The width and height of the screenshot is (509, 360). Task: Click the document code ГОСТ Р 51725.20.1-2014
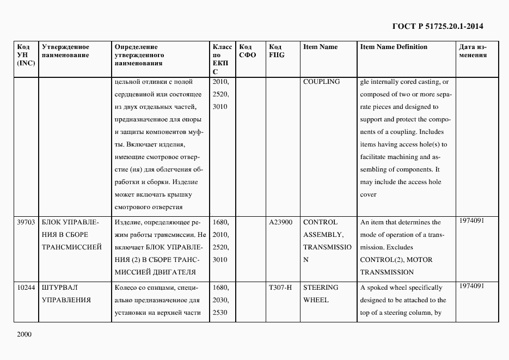437,26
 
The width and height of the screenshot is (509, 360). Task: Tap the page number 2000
24,334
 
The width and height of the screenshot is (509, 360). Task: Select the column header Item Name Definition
394,47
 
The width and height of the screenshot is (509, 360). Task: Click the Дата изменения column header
473,51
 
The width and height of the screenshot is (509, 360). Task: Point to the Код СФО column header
247,51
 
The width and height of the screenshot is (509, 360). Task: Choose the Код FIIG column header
277,51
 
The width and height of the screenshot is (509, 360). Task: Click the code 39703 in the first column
26,222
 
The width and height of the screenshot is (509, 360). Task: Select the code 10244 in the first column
26,288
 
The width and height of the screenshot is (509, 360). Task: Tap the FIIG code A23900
281,222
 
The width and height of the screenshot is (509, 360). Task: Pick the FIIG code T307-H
281,288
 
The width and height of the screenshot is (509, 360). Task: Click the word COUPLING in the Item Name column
321,82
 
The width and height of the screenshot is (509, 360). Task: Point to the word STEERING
320,288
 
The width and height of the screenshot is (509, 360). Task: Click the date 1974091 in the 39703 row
471,221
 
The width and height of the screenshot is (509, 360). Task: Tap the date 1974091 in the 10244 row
471,286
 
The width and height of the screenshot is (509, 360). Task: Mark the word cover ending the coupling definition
368,194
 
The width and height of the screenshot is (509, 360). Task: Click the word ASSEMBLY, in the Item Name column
323,235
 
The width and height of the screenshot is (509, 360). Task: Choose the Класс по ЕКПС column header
222,59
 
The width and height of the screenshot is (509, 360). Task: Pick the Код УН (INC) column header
26,55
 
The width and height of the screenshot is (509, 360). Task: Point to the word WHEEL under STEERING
316,300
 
